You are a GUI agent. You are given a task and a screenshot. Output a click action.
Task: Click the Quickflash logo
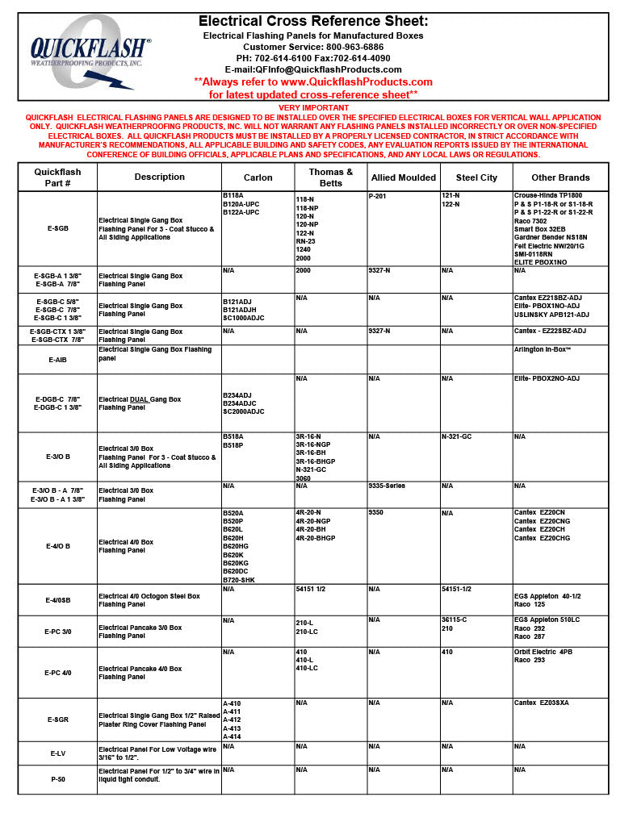90,56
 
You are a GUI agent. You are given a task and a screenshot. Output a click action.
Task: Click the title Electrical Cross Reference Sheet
313,21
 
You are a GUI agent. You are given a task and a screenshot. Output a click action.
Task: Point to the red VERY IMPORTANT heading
313,108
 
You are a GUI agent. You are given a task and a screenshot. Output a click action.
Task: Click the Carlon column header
258,177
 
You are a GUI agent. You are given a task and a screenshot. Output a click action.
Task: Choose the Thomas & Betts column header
331,177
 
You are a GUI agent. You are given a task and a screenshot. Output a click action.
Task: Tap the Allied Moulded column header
403,177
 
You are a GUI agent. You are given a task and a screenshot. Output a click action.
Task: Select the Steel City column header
476,177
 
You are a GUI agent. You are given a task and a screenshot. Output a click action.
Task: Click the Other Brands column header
560,177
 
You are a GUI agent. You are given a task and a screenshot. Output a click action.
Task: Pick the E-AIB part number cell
57,360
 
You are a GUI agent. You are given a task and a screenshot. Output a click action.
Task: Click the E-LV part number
57,753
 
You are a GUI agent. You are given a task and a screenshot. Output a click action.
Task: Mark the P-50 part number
57,779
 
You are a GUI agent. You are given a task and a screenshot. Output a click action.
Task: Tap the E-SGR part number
57,720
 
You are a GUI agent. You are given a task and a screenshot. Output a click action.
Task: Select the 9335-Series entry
387,486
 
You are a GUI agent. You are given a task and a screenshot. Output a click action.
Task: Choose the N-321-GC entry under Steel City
456,436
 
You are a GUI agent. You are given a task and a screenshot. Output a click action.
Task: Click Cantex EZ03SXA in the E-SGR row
542,703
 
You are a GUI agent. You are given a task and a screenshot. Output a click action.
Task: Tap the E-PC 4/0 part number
57,672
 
